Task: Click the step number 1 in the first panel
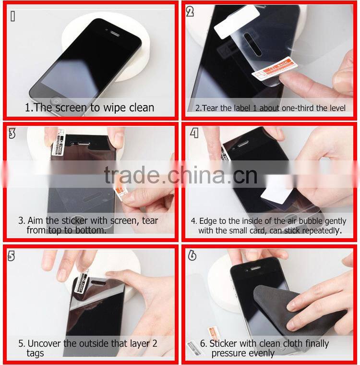point(13,16)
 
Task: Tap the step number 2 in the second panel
point(190,12)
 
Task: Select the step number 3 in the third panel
point(12,134)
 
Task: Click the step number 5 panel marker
point(12,255)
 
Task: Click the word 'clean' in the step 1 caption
point(140,108)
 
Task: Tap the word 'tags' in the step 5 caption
point(35,353)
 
